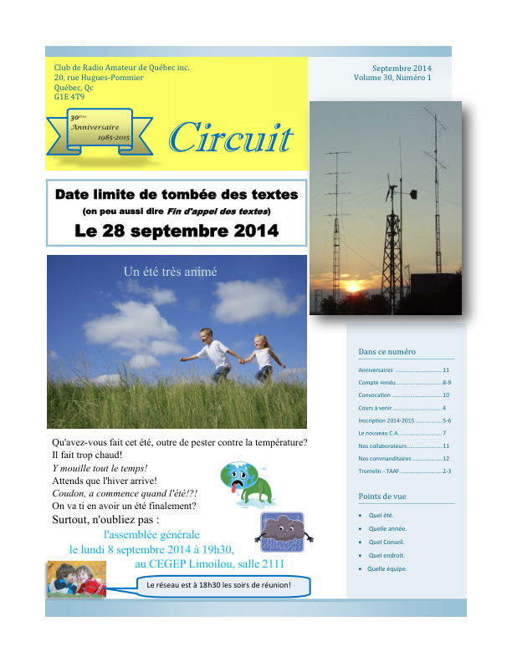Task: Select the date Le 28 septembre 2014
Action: (177, 231)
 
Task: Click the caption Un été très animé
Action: (170, 272)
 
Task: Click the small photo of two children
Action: (76, 578)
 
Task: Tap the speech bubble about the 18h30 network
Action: (218, 585)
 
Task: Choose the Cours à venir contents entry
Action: (381, 407)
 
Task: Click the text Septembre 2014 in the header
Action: (402, 68)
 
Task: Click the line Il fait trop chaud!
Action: (87, 455)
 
